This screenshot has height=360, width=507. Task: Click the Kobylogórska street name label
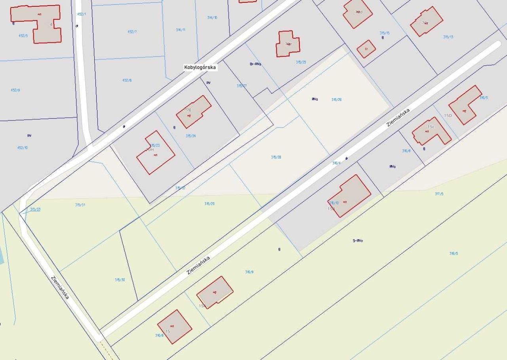[200, 67]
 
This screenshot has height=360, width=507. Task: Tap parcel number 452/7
[132, 32]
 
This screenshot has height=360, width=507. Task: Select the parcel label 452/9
[15, 90]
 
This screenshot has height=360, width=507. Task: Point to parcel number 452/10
[23, 148]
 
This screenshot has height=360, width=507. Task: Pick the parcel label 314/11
[181, 30]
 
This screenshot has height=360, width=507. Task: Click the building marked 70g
[194, 111]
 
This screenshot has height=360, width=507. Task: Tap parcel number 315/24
[191, 136]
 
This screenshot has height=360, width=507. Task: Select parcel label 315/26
[336, 100]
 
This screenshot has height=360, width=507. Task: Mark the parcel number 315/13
[448, 37]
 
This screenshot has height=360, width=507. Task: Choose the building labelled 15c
[431, 131]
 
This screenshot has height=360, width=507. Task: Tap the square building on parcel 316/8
[175, 327]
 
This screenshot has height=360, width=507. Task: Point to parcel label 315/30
[120, 280]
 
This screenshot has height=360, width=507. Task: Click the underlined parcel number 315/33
[35, 209]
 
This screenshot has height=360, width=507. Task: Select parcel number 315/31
[80, 205]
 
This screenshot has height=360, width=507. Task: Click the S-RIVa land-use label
[358, 241]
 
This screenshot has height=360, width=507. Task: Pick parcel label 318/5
[454, 253]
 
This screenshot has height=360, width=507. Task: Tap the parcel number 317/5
[439, 194]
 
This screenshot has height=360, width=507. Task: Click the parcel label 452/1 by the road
[81, 14]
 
